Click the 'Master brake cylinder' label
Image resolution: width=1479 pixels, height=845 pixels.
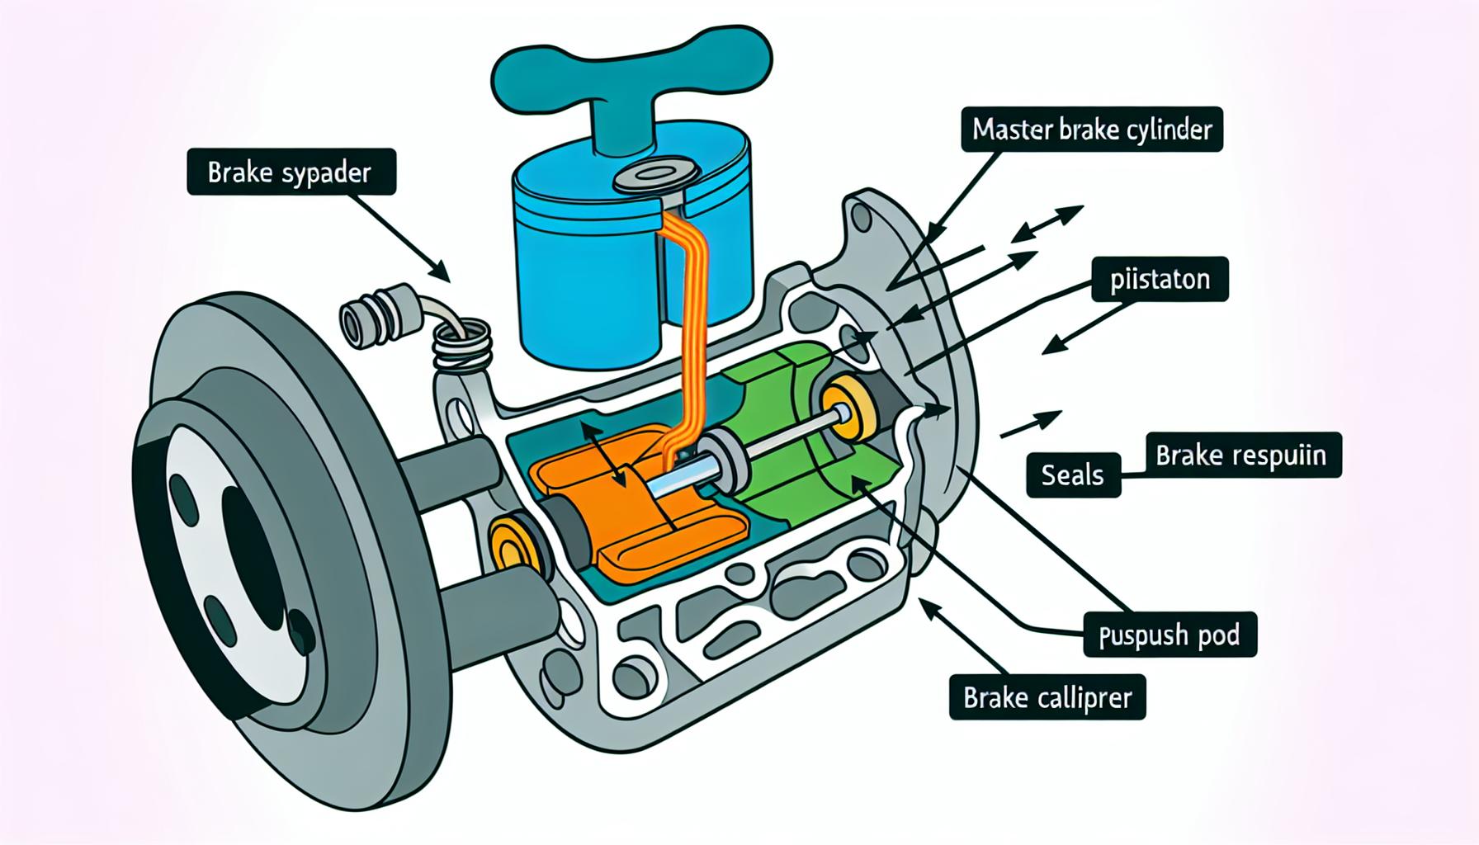point(1091,130)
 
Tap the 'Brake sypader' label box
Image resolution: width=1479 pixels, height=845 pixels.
point(291,172)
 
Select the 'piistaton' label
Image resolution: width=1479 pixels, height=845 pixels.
point(1160,279)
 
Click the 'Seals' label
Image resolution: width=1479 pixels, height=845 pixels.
point(1073,474)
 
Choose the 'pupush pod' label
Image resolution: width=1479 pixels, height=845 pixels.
point(1169,635)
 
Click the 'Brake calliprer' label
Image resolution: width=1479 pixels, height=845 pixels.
point(1047,698)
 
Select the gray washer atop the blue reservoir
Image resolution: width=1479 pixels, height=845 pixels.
point(656,175)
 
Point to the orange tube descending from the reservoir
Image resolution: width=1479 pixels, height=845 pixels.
point(685,330)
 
